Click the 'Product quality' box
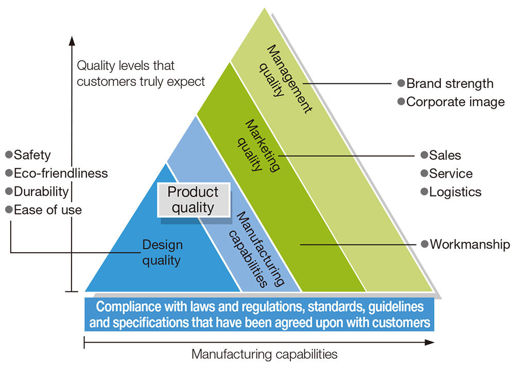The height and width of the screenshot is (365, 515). tap(193, 200)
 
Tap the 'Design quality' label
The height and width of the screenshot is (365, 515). tap(162, 253)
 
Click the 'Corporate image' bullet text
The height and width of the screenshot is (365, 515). tap(455, 101)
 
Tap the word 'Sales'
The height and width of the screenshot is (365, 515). tap(445, 155)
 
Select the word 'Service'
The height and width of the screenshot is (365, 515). tap(451, 173)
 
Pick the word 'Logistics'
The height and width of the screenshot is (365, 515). tap(455, 192)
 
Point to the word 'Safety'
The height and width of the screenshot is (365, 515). tap(32, 154)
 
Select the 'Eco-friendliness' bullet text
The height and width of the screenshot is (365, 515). tap(61, 173)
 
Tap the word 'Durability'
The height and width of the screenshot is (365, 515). tap(41, 192)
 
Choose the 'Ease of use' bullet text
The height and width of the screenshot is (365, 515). tap(47, 210)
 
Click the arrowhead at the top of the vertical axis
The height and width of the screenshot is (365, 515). tap(72, 40)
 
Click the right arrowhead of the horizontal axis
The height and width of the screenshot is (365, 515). tap(431, 341)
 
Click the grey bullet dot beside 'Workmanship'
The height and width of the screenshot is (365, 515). tap(424, 244)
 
